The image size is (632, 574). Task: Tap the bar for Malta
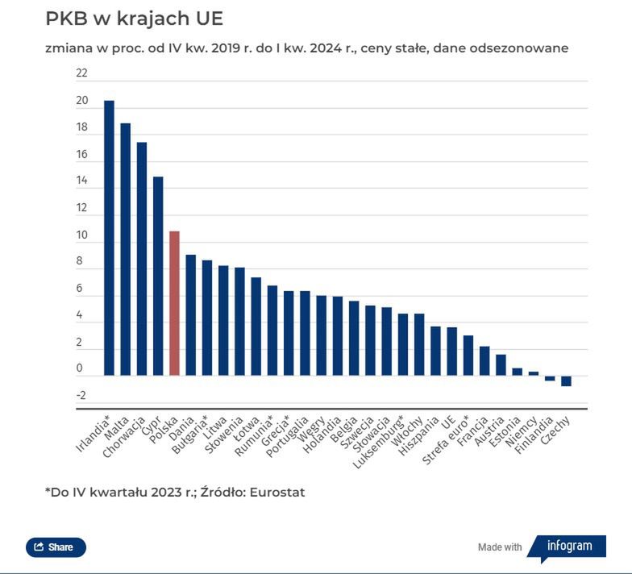pos(125,249)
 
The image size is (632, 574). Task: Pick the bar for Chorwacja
pos(142,259)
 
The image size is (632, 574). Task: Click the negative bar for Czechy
pos(566,381)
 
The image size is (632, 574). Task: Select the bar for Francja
pos(484,361)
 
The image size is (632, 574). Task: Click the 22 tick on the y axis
pos(81,73)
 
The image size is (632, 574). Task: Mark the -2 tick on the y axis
pos(81,395)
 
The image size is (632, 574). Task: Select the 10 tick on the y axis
pos(81,235)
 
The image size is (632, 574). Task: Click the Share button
pos(56,547)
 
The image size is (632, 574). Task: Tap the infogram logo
pos(569,546)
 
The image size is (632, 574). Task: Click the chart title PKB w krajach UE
pos(134,19)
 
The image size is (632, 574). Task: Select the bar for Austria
pos(501,365)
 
